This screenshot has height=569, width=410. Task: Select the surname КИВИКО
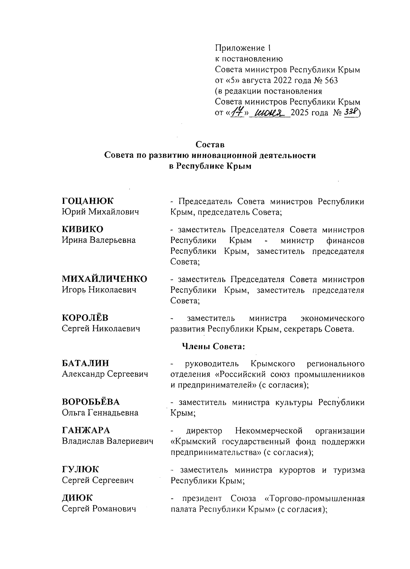click(x=82, y=229)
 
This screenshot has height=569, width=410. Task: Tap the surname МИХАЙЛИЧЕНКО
click(x=105, y=279)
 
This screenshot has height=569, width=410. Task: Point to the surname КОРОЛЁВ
click(x=85, y=318)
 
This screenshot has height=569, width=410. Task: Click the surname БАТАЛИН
click(x=85, y=363)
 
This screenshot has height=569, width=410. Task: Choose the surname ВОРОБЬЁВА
click(x=91, y=401)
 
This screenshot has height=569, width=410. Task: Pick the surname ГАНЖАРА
click(x=86, y=430)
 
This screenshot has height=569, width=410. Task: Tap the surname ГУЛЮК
click(x=80, y=469)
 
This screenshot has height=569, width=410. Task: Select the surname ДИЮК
click(x=77, y=498)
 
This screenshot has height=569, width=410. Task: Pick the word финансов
click(x=345, y=240)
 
